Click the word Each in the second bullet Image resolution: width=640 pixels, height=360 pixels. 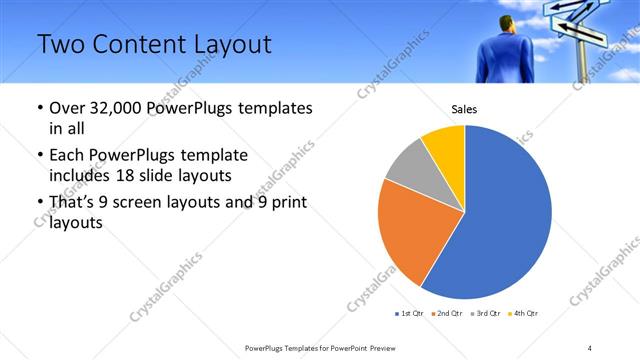pyautogui.click(x=67, y=156)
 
